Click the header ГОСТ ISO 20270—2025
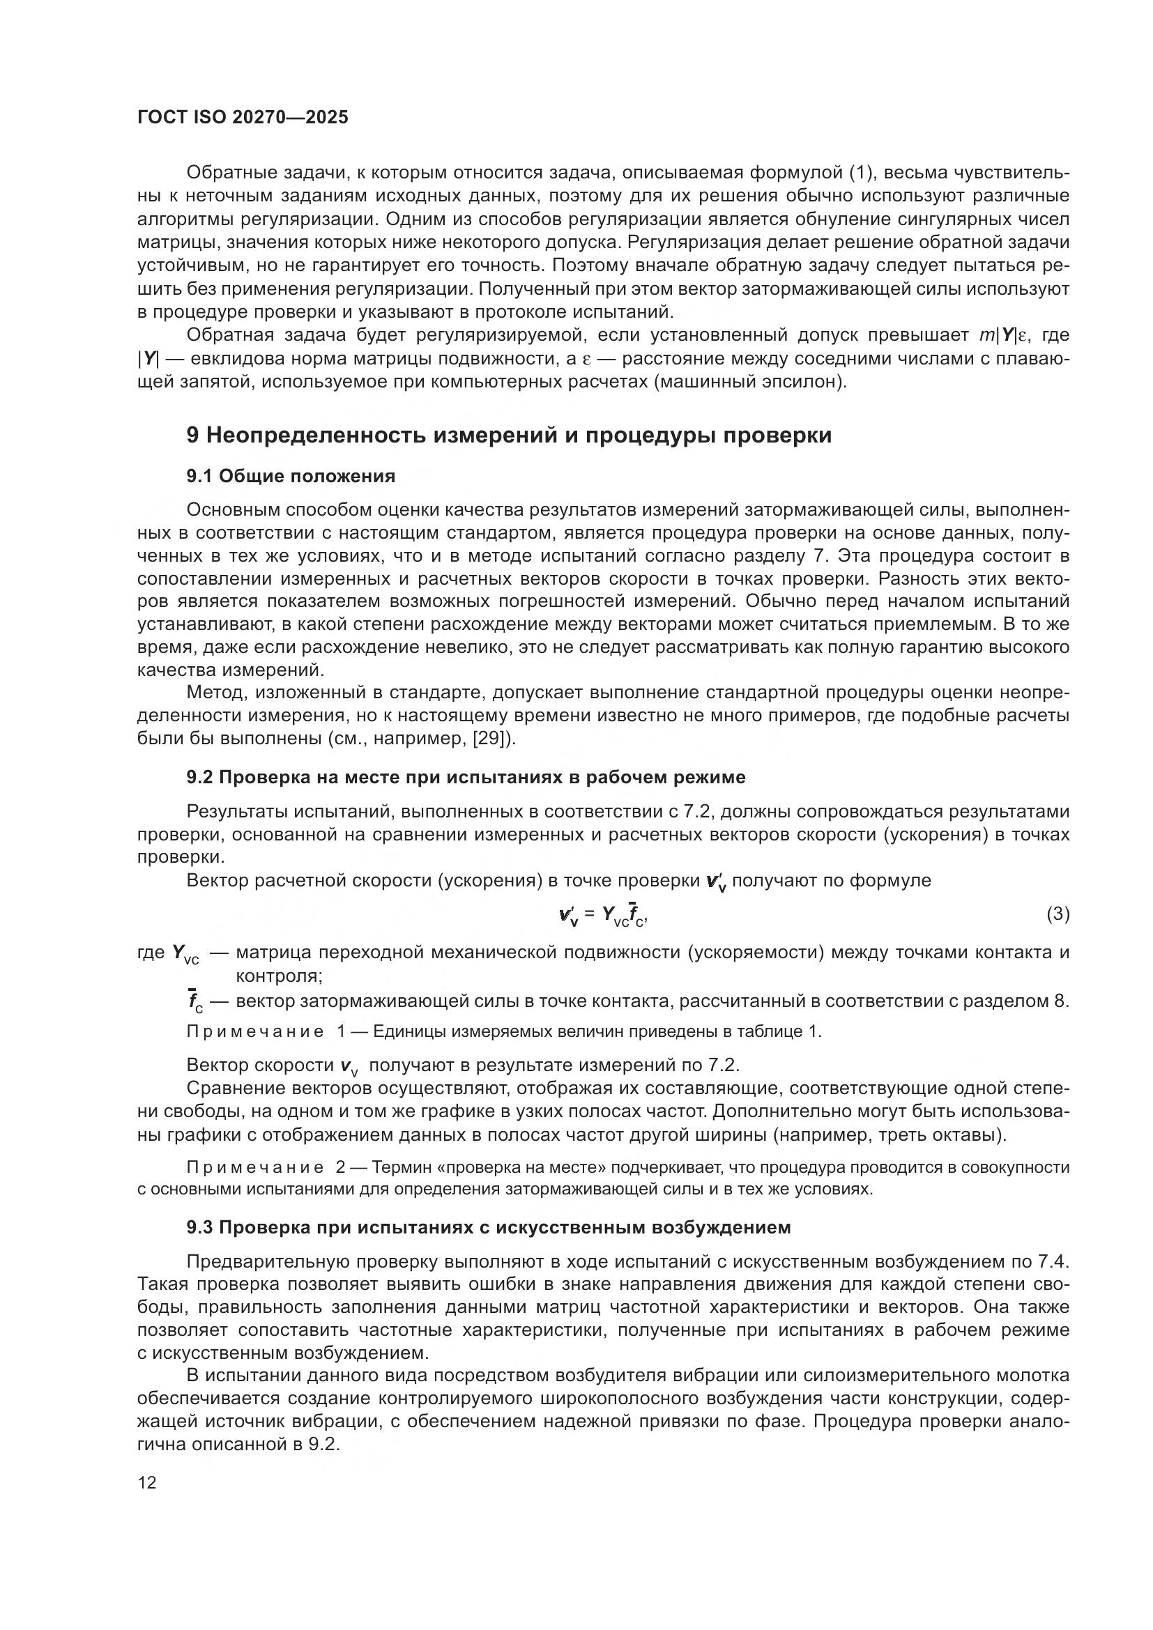[243, 118]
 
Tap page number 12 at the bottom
[147, 1483]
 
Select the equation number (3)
[1057, 914]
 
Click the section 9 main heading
[508, 435]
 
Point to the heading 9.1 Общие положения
[291, 477]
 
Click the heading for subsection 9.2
[466, 778]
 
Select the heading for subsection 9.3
[489, 1227]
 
